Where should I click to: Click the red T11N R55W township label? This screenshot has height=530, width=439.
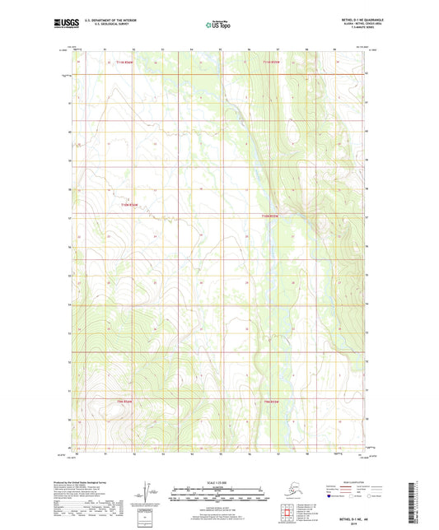273,63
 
